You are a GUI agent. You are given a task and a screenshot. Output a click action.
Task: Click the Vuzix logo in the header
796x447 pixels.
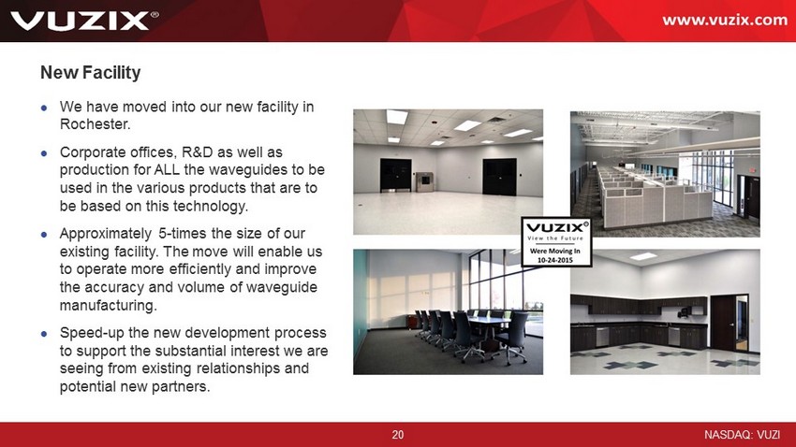click(x=83, y=21)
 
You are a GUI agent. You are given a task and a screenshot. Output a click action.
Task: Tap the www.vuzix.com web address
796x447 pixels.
click(x=725, y=20)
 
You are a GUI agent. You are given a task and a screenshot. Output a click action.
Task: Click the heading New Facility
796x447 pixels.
click(x=90, y=72)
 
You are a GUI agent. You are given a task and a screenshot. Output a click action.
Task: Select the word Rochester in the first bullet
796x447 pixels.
click(x=95, y=124)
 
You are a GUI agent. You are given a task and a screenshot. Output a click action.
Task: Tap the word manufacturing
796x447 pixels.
click(x=108, y=306)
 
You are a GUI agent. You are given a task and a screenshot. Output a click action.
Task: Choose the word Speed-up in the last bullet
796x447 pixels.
click(x=92, y=334)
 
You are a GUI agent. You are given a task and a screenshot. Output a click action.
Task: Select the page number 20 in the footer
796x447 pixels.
click(x=397, y=434)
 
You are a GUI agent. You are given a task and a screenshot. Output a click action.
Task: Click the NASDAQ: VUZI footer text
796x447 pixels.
click(x=742, y=434)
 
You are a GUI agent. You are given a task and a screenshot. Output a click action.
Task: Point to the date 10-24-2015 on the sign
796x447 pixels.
click(x=555, y=259)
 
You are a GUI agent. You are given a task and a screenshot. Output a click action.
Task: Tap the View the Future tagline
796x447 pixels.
click(x=555, y=238)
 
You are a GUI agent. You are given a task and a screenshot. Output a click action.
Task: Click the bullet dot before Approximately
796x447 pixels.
click(x=44, y=235)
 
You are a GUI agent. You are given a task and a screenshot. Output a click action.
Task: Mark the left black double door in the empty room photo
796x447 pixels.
click(x=395, y=175)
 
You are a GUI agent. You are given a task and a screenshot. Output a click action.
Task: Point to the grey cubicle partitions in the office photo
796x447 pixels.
click(x=654, y=197)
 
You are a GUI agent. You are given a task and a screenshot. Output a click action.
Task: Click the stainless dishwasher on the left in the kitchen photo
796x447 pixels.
click(x=602, y=336)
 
